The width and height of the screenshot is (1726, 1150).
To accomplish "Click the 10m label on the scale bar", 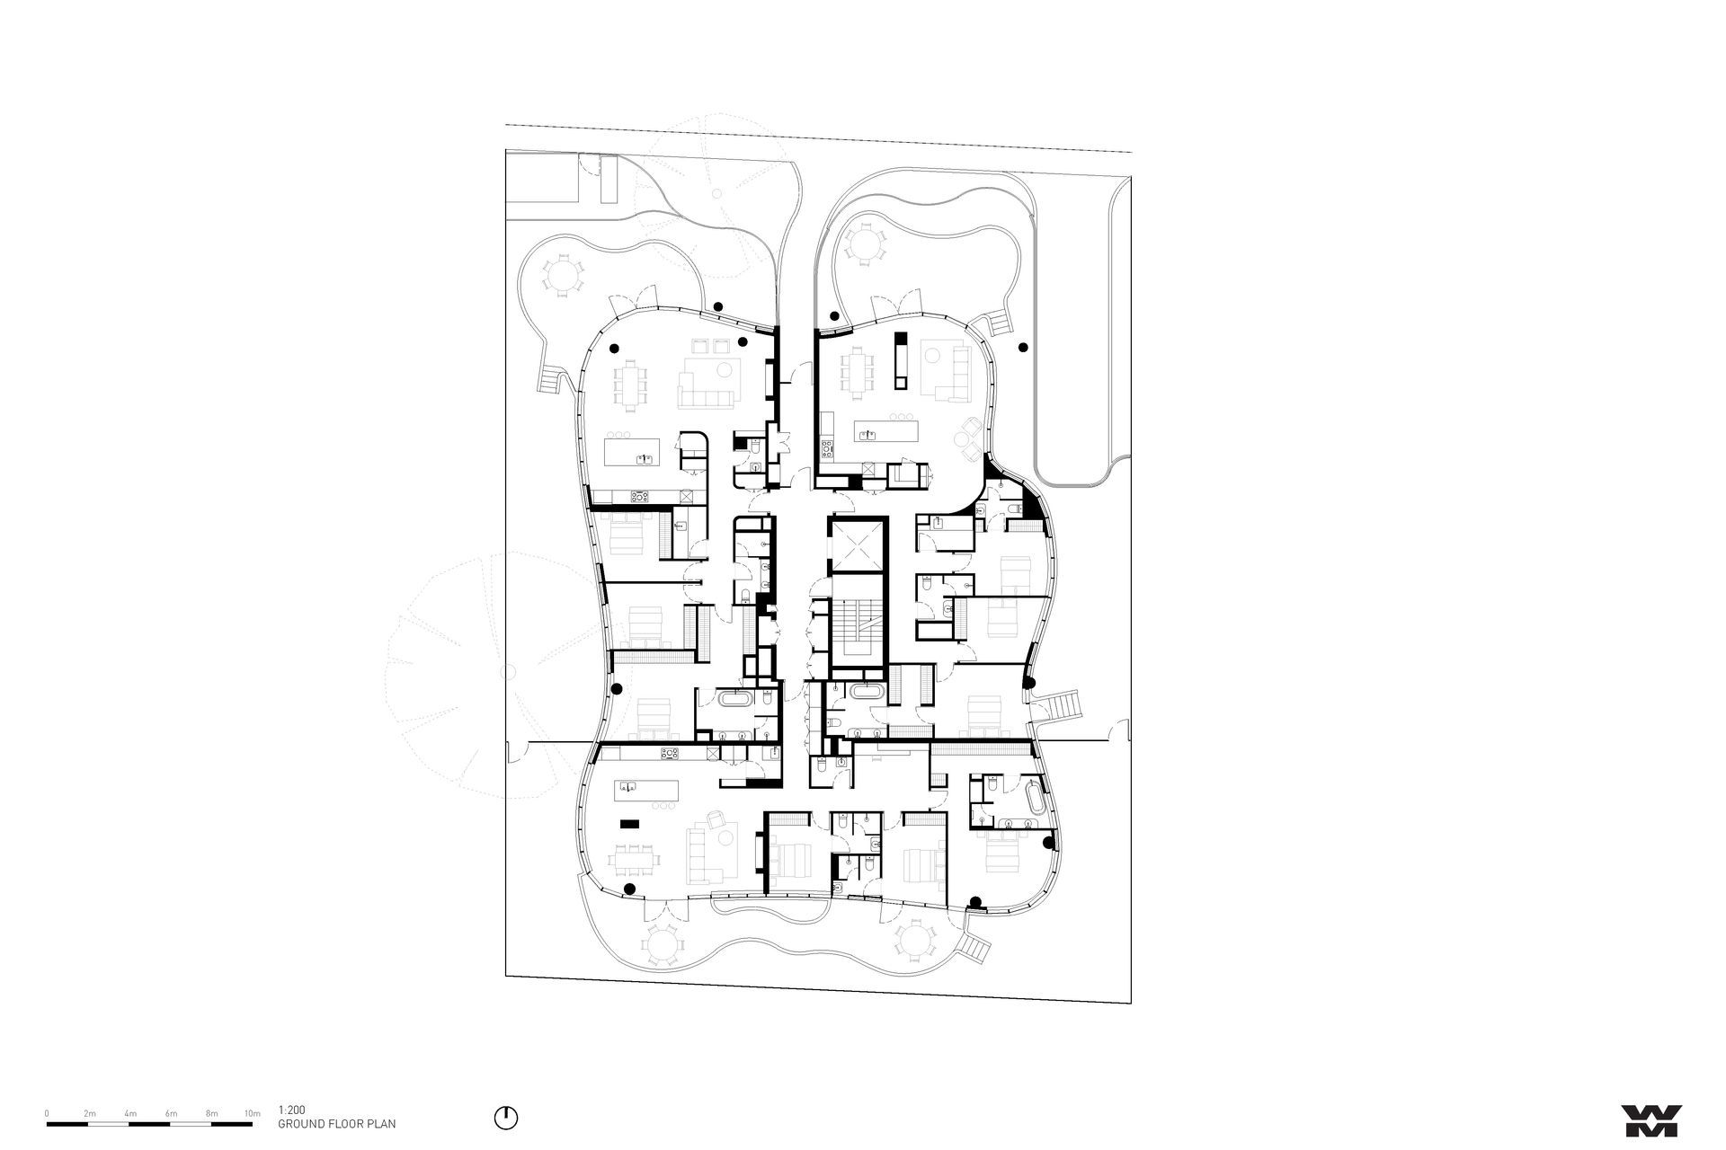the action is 253,1113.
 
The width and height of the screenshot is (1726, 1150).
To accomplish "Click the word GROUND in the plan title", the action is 298,1123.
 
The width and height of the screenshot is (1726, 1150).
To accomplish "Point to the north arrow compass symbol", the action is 506,1118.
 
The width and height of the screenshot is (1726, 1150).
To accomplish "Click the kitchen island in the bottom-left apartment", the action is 644,789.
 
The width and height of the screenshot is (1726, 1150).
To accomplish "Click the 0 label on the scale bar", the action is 47,1113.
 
